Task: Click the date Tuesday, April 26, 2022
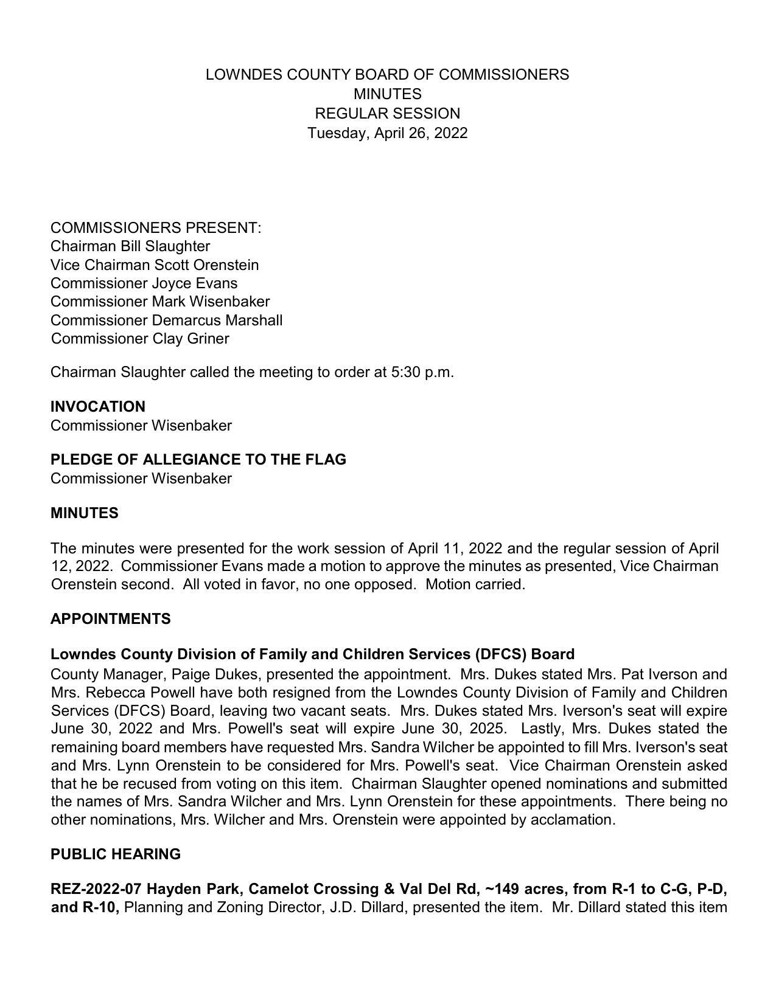click(x=387, y=133)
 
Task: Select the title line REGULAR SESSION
click(x=387, y=114)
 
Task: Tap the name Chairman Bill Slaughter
click(x=130, y=246)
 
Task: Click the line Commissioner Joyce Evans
click(x=144, y=283)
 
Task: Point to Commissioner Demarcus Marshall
click(x=166, y=320)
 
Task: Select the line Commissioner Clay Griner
click(x=140, y=339)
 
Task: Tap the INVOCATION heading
click(x=98, y=407)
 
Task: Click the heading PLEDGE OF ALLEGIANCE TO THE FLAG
click(x=198, y=460)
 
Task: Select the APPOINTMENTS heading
click(x=111, y=619)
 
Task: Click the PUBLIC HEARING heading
click(x=116, y=854)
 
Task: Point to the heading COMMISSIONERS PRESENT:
click(x=156, y=228)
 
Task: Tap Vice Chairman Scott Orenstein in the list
click(x=155, y=265)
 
